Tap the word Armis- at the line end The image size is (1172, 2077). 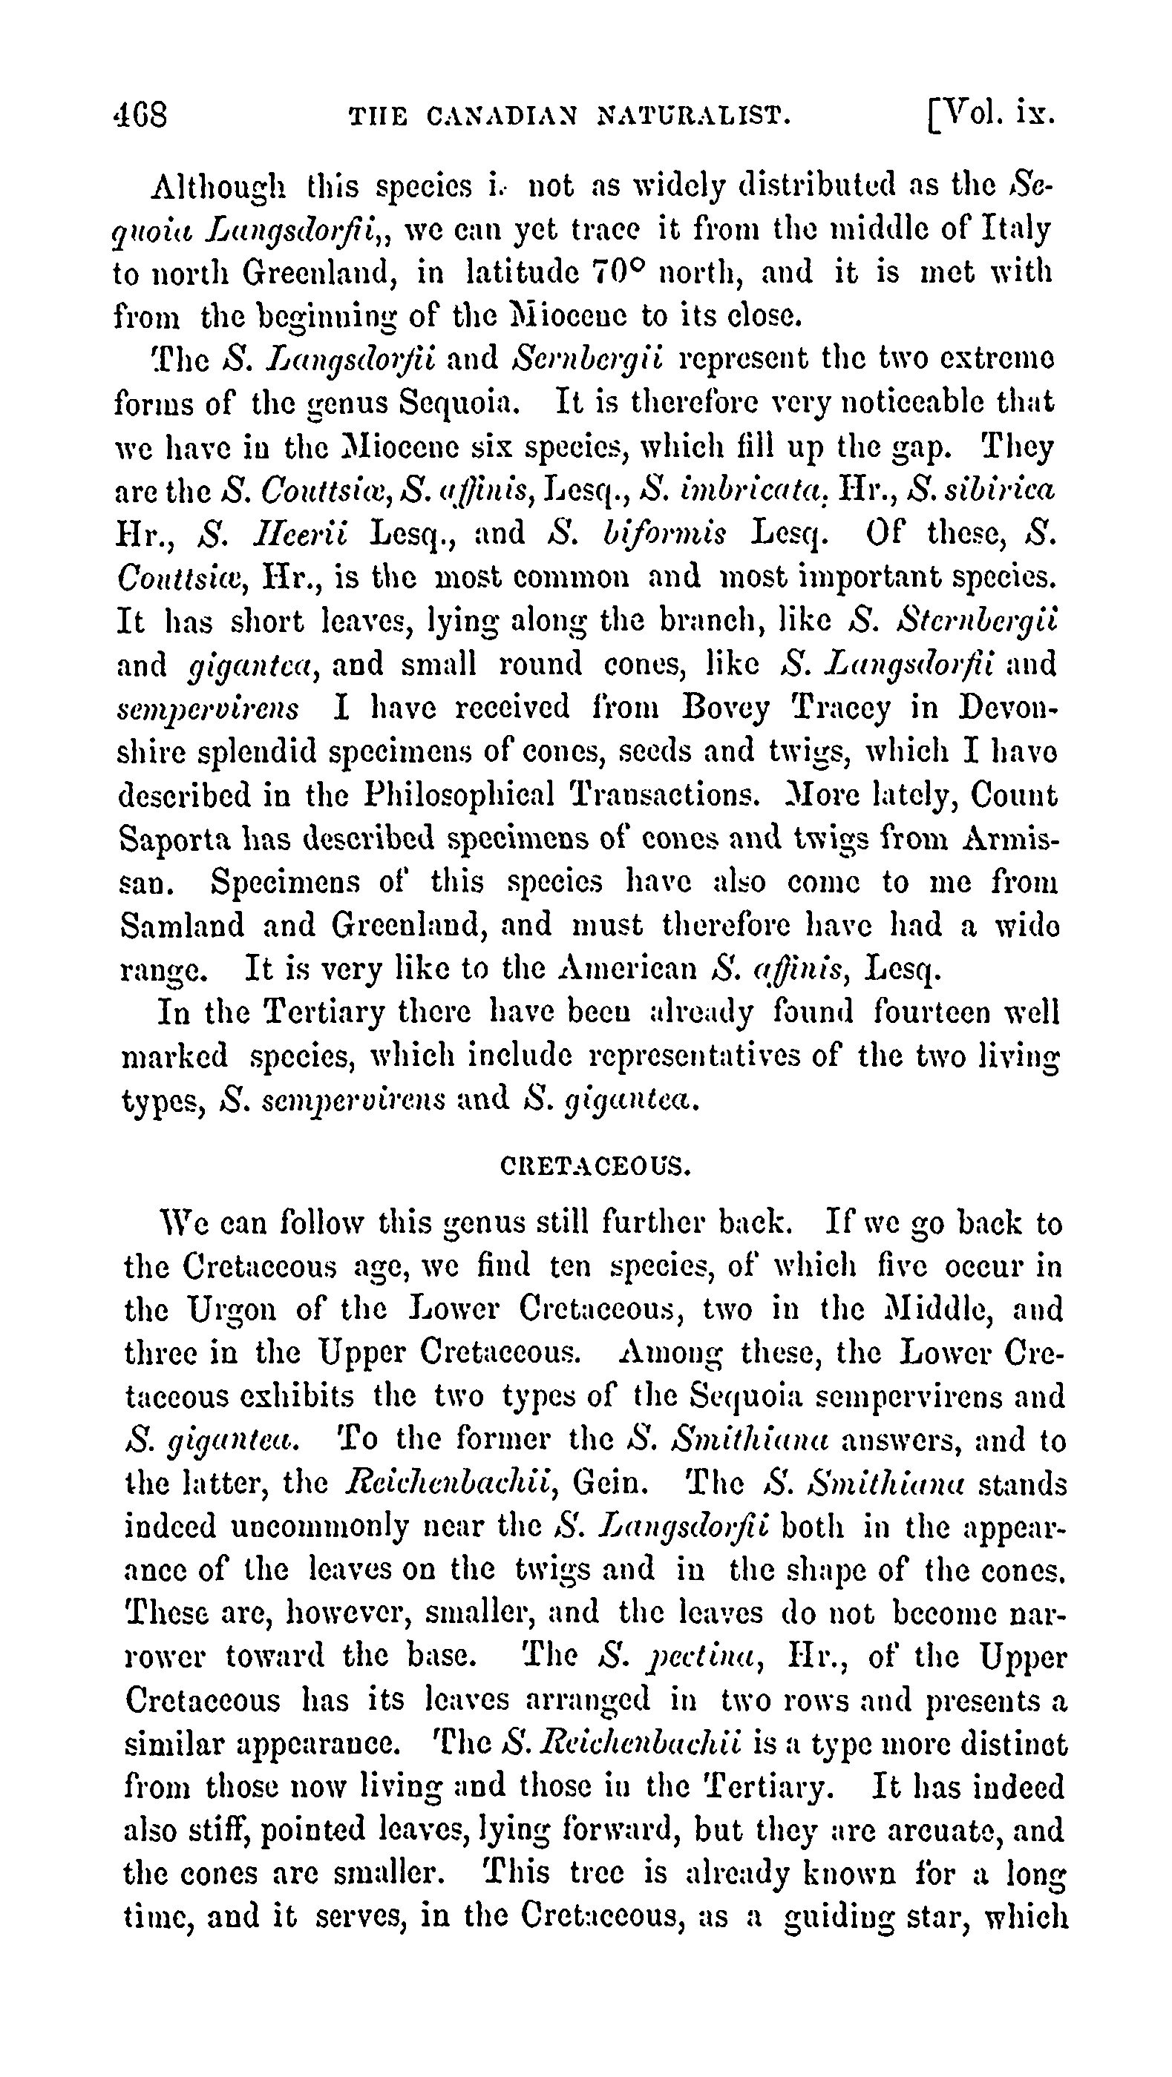click(1011, 838)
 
